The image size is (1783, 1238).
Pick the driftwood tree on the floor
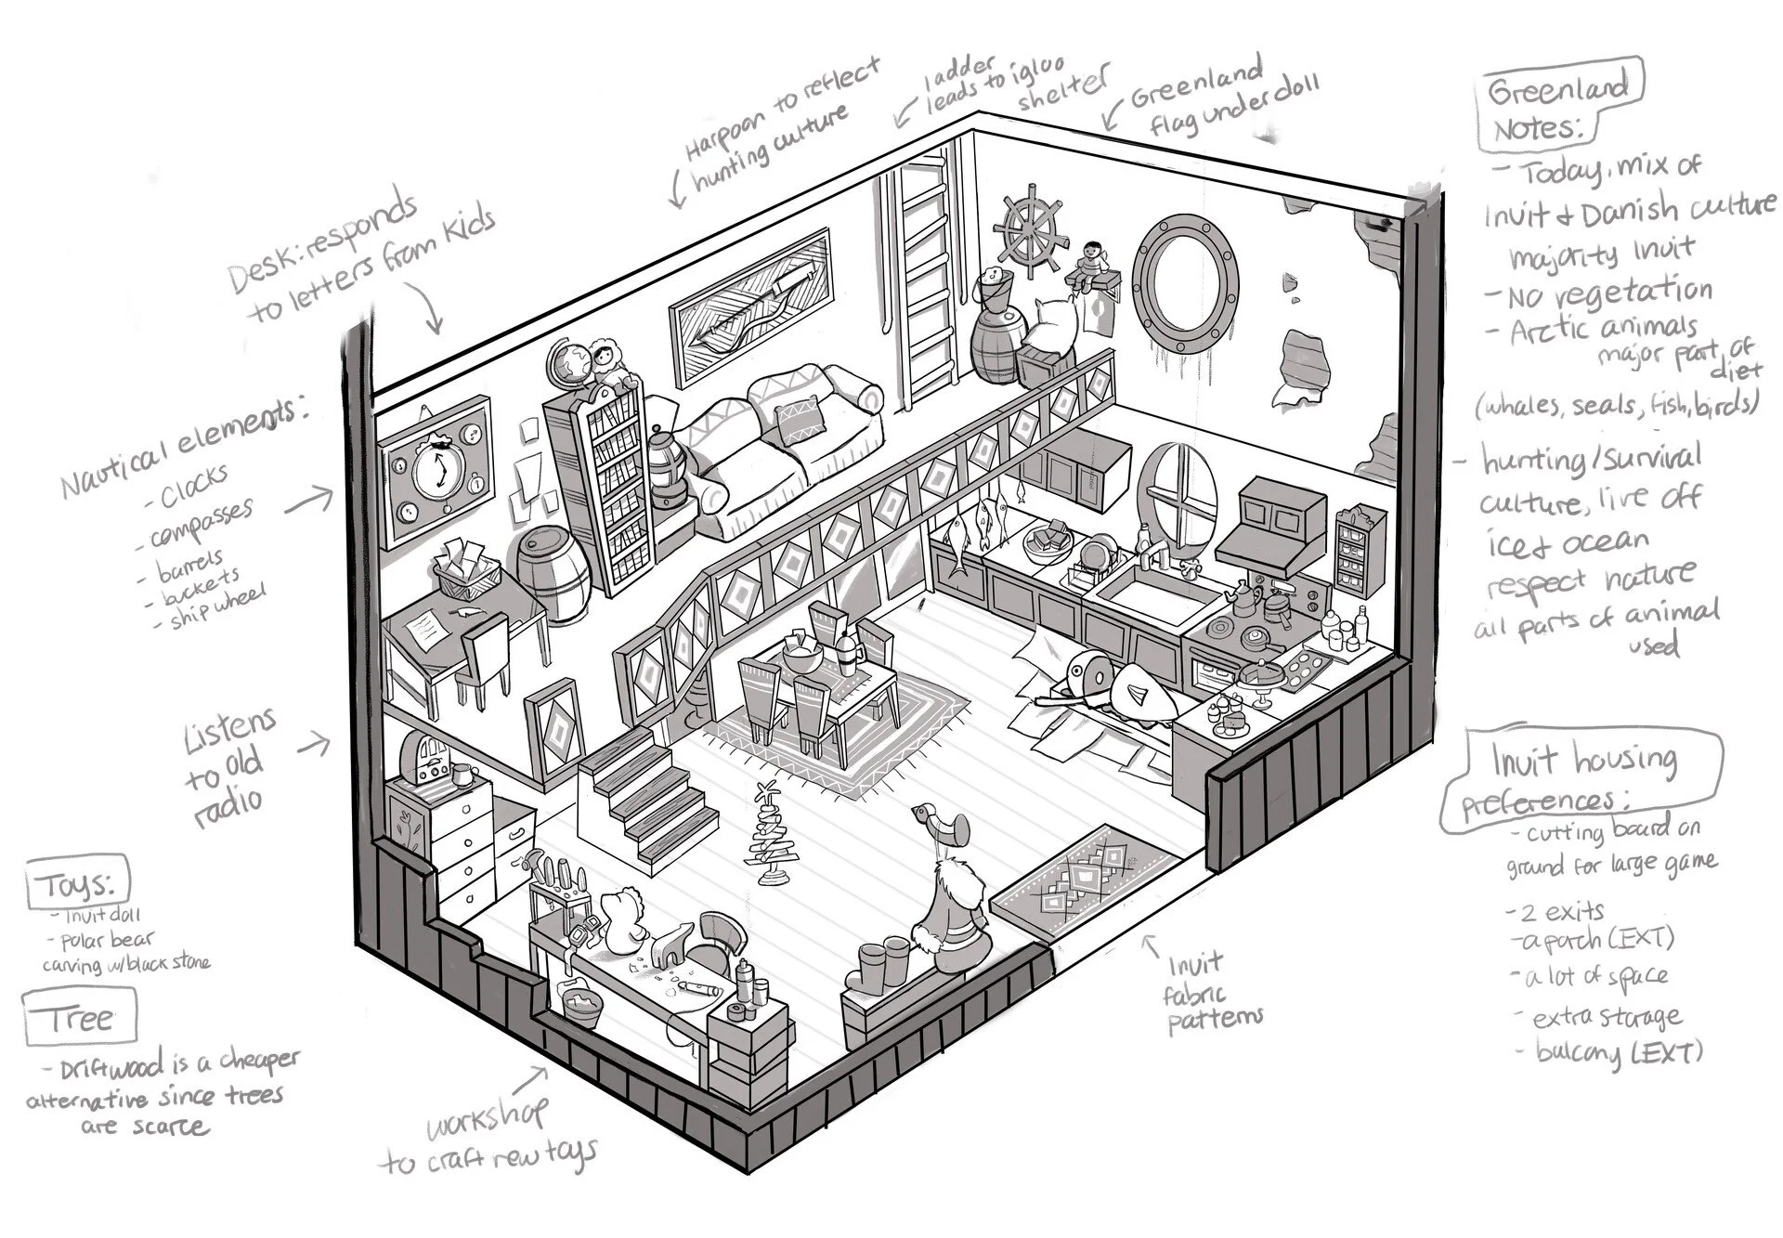[768, 835]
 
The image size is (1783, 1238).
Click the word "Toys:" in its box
[78, 886]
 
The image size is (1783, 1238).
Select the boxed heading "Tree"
[79, 1019]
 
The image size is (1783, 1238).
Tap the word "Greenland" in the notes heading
[1559, 90]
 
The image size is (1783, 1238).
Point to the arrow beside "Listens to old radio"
[316, 743]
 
